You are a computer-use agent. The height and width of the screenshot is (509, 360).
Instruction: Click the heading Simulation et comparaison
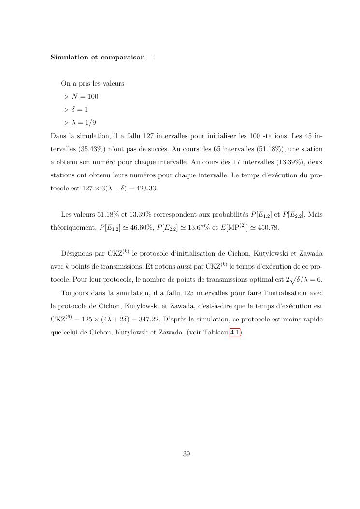98,57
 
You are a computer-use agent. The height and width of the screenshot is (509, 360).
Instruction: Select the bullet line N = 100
85,96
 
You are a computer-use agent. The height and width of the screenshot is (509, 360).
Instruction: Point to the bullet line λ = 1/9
84,122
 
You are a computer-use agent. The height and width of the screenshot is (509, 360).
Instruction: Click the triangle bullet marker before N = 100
67,96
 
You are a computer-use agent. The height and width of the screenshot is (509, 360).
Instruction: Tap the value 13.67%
194,227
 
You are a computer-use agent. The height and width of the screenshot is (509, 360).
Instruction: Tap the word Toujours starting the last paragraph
75,293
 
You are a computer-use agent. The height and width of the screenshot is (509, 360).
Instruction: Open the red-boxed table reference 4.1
235,332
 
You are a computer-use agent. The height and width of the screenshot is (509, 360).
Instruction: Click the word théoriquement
73,227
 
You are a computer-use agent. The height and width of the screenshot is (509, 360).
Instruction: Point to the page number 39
187,454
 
